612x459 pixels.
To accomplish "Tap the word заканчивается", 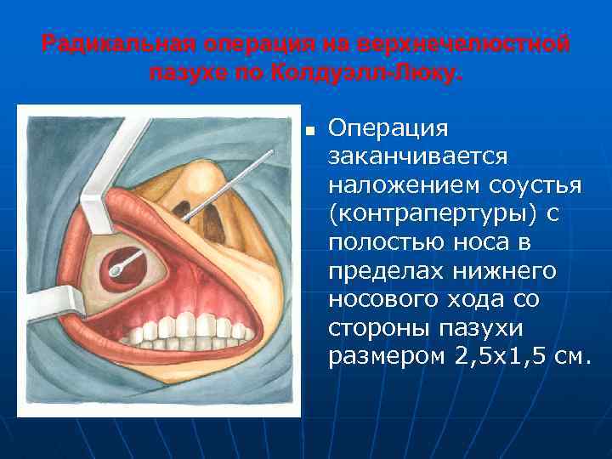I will pyautogui.click(x=418, y=157).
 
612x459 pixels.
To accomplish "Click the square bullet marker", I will pyautogui.click(x=310, y=132).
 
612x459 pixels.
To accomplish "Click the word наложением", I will pyautogui.click(x=407, y=185).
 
